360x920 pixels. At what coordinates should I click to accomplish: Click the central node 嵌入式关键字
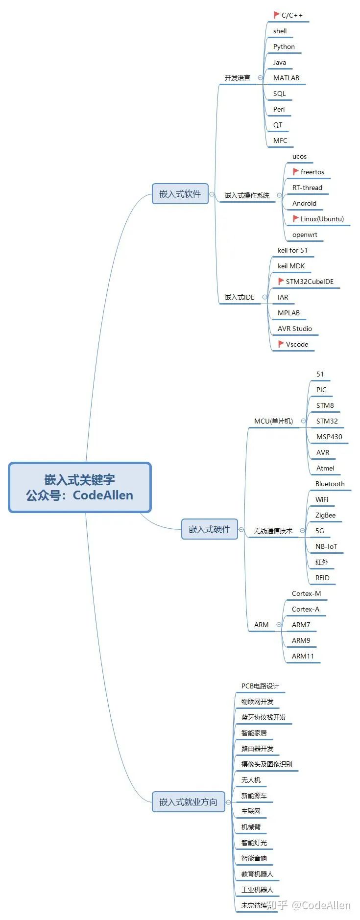point(79,487)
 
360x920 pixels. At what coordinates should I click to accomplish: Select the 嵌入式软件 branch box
point(180,194)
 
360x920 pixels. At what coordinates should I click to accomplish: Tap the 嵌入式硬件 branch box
point(209,529)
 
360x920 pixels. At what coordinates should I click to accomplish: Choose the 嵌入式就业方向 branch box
point(188,802)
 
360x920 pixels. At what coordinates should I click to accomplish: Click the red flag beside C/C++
point(277,15)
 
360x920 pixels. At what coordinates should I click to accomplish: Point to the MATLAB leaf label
point(286,78)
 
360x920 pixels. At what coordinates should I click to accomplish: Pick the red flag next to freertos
point(296,172)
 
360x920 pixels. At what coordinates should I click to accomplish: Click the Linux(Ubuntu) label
point(322,219)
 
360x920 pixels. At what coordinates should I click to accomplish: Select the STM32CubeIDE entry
point(310,282)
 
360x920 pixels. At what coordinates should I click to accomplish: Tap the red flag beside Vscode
point(281,344)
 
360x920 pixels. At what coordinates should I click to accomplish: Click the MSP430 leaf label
point(329,437)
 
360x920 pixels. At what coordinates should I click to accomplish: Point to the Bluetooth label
point(330,484)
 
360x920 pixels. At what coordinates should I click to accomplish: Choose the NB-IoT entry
point(326,546)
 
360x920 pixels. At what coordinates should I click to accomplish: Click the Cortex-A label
point(306,609)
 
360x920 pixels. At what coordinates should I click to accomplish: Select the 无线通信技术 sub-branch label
point(273,531)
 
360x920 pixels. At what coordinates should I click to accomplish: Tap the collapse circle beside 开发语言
point(260,78)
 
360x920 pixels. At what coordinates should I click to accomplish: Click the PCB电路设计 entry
point(260,686)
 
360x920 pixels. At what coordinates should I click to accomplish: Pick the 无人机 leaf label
point(251,780)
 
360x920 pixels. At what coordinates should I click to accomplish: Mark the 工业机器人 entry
point(257,890)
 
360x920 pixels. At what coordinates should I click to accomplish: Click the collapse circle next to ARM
point(279,625)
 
